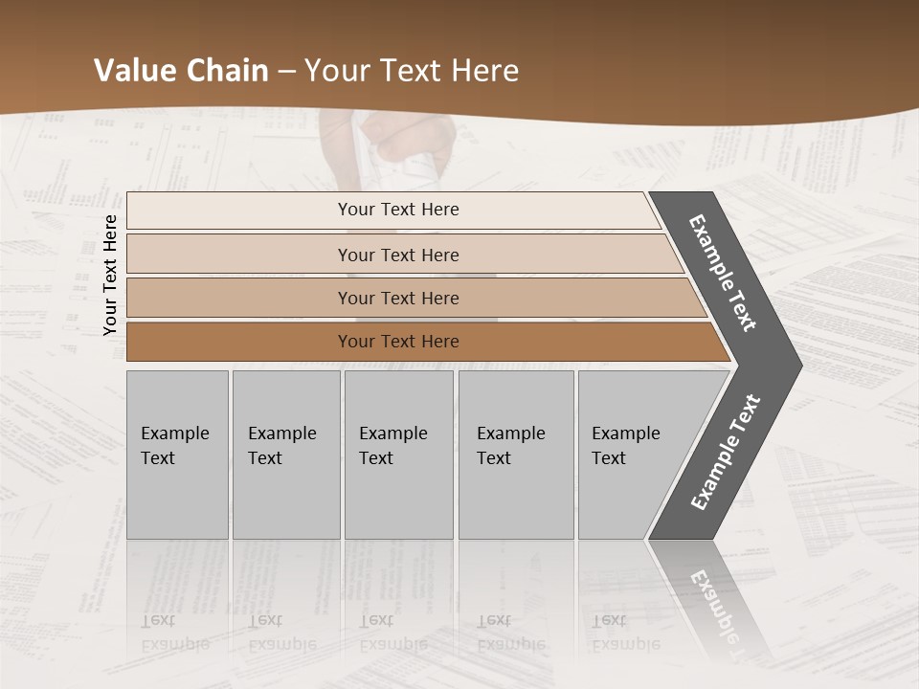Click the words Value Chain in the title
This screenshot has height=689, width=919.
[181, 71]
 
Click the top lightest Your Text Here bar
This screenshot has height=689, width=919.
[397, 210]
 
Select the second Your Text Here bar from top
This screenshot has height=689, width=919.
[397, 255]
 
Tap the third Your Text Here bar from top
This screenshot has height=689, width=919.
[397, 298]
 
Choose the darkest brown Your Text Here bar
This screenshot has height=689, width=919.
[397, 342]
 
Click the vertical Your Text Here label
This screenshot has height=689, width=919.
[110, 275]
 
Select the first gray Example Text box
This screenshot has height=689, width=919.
[177, 454]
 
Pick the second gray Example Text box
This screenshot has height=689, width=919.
[285, 454]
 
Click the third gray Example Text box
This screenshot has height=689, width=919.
[397, 454]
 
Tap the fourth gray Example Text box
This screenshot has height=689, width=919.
[515, 454]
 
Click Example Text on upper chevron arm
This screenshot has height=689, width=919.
[723, 273]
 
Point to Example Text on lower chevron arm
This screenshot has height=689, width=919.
[726, 453]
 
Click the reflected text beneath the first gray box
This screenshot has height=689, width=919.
[175, 632]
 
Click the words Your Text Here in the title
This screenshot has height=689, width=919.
[412, 71]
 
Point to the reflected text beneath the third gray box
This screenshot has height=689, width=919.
[392, 632]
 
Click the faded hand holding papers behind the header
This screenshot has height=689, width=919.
[402, 153]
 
